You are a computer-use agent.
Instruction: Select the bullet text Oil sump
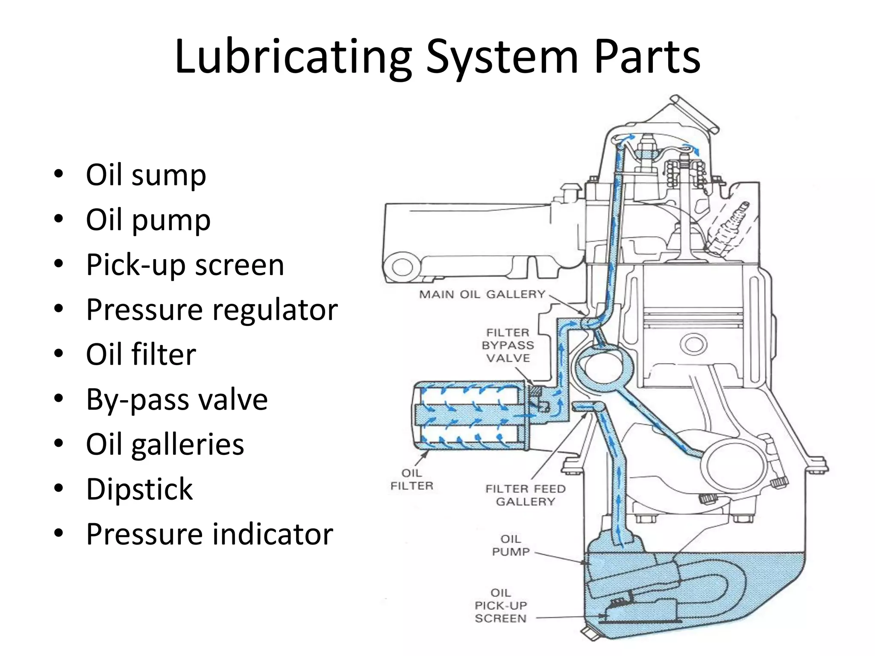(x=146, y=175)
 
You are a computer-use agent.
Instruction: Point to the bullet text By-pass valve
(x=177, y=399)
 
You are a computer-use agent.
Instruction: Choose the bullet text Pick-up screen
(x=185, y=265)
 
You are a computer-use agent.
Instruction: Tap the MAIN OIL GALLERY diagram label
(x=482, y=294)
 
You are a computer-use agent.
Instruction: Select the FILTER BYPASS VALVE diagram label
(x=508, y=345)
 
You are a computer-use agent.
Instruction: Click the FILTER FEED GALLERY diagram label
(x=525, y=495)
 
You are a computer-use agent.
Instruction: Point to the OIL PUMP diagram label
(x=511, y=545)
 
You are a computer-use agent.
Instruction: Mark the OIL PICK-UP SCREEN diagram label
(x=501, y=606)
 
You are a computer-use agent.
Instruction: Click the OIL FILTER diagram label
(x=412, y=479)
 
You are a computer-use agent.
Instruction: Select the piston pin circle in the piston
(x=693, y=344)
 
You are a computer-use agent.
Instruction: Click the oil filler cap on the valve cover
(x=694, y=113)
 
